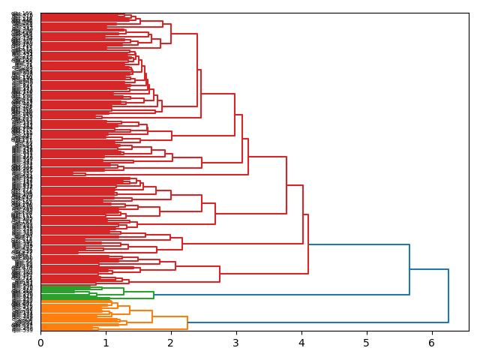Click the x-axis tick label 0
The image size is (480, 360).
pyautogui.click(x=40, y=343)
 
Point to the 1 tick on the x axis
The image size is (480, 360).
pyautogui.click(x=106, y=343)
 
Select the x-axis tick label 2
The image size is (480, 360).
pyautogui.click(x=171, y=343)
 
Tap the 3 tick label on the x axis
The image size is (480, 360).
pyautogui.click(x=236, y=343)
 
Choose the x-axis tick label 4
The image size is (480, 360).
pyautogui.click(x=301, y=343)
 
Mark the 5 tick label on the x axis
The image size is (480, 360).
pyautogui.click(x=367, y=343)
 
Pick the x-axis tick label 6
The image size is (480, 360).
pyautogui.click(x=431, y=343)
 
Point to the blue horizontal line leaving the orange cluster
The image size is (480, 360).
pyautogui.click(x=315, y=322)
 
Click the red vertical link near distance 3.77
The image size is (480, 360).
pyautogui.click(x=286, y=185)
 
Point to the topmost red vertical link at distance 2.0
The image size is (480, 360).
pyautogui.click(x=171, y=34)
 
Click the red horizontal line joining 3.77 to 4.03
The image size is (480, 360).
pyautogui.click(x=295, y=185)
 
